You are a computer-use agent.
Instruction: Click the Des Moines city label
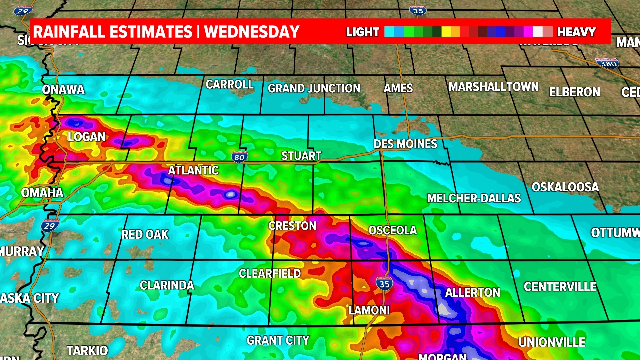[x=405, y=144]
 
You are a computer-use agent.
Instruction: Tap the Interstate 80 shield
[x=239, y=157]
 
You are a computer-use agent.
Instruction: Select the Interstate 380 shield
[x=607, y=63]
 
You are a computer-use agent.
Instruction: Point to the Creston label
[x=292, y=226]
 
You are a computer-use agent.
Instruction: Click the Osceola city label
[x=392, y=230]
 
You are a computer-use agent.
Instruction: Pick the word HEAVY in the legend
[x=576, y=32]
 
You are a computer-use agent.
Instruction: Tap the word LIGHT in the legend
[x=363, y=32]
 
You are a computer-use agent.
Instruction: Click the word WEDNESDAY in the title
[x=252, y=32]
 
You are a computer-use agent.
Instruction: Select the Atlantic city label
[x=193, y=170]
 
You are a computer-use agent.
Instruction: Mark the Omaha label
[x=42, y=193]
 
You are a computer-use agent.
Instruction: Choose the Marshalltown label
[x=493, y=87]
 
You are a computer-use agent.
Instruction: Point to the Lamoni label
[x=369, y=310]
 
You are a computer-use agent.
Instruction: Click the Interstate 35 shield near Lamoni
[x=384, y=284]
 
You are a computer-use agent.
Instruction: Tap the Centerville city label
[x=560, y=287]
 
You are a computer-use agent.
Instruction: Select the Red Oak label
[x=145, y=234]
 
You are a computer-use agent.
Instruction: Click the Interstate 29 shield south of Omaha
[x=50, y=226]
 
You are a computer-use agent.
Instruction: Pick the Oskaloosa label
[x=565, y=187]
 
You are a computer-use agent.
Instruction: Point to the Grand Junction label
[x=314, y=88]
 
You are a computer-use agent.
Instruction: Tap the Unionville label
[x=552, y=342]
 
